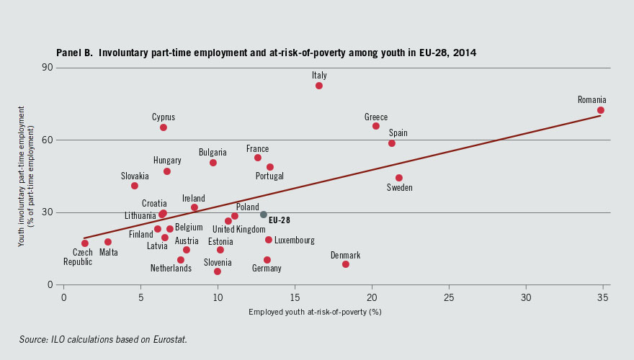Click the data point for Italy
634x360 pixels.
click(x=319, y=86)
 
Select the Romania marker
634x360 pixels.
click(x=601, y=110)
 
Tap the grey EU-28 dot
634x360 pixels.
click(x=264, y=215)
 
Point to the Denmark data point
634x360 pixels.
click(x=346, y=264)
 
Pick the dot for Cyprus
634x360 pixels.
click(x=164, y=127)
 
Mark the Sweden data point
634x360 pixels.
click(x=399, y=178)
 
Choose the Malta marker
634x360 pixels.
click(x=108, y=242)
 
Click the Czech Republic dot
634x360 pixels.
click(x=85, y=243)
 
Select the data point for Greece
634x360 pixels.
click(x=376, y=126)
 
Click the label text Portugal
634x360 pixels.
click(x=269, y=176)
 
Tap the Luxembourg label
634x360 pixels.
click(x=294, y=240)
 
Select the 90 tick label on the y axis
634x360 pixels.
click(x=49, y=68)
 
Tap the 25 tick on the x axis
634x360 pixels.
click(x=449, y=297)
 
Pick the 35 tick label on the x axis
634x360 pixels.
click(x=602, y=297)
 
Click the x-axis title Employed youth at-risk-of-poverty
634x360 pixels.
click(x=315, y=312)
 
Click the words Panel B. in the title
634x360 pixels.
click(x=75, y=53)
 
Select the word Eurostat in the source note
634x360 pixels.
click(x=169, y=339)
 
